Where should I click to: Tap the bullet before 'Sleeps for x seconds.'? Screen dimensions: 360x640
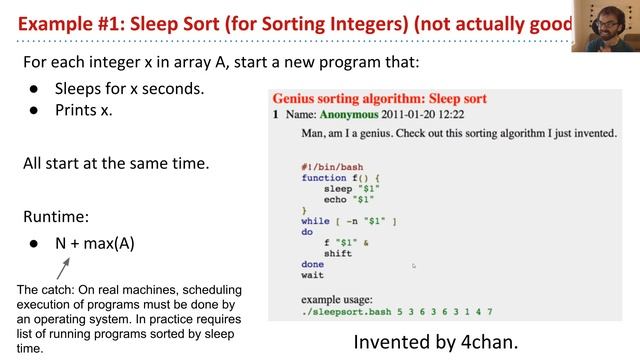coord(34,88)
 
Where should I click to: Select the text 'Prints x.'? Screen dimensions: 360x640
coord(84,110)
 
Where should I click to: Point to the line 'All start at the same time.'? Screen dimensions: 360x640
coord(115,162)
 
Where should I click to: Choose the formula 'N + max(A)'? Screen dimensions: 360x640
coord(94,243)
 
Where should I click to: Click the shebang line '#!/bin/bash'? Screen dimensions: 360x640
coord(331,166)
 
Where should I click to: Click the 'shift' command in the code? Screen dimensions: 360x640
coord(338,253)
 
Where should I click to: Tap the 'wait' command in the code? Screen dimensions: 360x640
coord(312,275)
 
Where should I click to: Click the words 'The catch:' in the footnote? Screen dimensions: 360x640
coord(45,290)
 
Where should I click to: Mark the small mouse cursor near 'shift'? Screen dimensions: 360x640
coord(413,265)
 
